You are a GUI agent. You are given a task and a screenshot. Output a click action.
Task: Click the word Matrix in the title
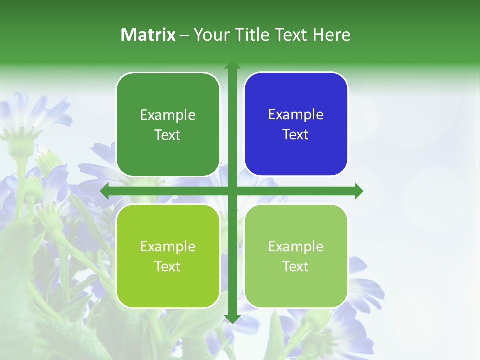148,35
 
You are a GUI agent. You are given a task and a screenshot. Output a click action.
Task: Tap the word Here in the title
331,35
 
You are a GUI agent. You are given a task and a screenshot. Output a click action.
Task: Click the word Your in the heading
209,35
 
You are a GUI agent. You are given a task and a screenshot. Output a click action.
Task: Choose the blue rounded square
296,155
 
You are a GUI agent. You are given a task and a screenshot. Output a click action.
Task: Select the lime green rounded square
168,285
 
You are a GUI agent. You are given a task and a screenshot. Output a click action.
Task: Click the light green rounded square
296,285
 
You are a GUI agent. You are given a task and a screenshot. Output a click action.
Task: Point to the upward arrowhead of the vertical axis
232,65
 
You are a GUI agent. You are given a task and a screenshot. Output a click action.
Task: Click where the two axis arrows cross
232,191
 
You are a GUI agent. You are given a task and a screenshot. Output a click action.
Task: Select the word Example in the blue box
296,115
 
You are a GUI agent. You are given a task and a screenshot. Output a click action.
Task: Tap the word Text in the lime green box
168,266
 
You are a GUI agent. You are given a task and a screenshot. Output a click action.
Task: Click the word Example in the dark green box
168,115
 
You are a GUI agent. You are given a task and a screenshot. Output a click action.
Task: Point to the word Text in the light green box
296,266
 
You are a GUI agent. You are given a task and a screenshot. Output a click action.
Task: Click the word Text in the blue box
296,135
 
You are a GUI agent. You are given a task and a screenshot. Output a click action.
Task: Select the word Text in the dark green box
168,135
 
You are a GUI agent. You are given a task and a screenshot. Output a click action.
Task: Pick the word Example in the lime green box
168,246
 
